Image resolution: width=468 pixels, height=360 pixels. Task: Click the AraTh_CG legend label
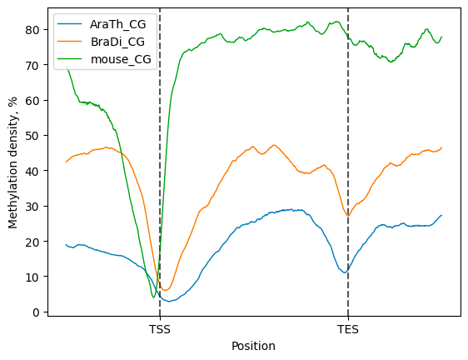tap(118, 24)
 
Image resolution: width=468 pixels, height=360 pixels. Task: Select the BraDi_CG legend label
tap(117, 42)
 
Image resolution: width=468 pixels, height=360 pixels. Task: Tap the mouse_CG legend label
tap(121, 59)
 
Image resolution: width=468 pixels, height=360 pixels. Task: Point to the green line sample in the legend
tap(70, 59)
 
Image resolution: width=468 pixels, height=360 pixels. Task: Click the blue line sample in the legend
tap(70, 24)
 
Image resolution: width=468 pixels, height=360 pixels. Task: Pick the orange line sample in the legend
tap(70, 41)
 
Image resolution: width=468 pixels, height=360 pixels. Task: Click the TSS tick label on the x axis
tap(160, 329)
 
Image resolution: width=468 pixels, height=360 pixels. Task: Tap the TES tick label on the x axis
tap(348, 329)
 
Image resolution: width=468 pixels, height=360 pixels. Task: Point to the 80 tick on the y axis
tap(32, 30)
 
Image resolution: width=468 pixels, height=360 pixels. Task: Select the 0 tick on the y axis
tap(36, 312)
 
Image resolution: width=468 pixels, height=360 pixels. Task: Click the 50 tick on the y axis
tap(32, 136)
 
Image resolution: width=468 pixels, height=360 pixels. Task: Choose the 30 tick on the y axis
tap(32, 207)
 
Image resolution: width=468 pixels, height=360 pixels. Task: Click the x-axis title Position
tap(253, 346)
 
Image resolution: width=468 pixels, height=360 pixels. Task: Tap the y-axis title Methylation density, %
tap(12, 162)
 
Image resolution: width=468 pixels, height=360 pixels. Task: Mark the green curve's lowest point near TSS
tap(153, 297)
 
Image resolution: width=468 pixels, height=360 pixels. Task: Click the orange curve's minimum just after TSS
tap(166, 290)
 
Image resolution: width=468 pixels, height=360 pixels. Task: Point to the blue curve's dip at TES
tap(345, 272)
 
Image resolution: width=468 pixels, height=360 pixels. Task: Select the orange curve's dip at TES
tap(348, 215)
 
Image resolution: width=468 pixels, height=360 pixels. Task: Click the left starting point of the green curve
tap(66, 67)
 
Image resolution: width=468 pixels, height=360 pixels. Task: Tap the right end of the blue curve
tap(441, 215)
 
